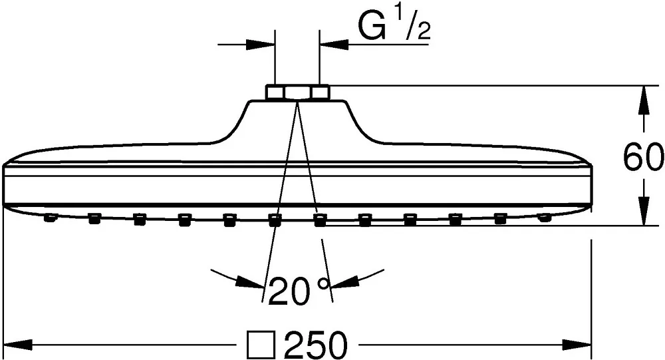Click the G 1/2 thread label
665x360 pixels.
pos(395,26)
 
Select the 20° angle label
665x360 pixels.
pos(299,290)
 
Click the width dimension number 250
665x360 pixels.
pos(317,345)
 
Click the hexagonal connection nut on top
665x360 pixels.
pos(297,92)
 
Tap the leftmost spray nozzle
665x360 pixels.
pos(50,218)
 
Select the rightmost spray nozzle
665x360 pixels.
pos(544,218)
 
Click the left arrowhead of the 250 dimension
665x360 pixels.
pos(18,344)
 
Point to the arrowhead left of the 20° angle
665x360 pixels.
pos(249,282)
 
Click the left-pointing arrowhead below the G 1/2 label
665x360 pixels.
pos(334,44)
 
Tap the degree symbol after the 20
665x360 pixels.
pos(324,283)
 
